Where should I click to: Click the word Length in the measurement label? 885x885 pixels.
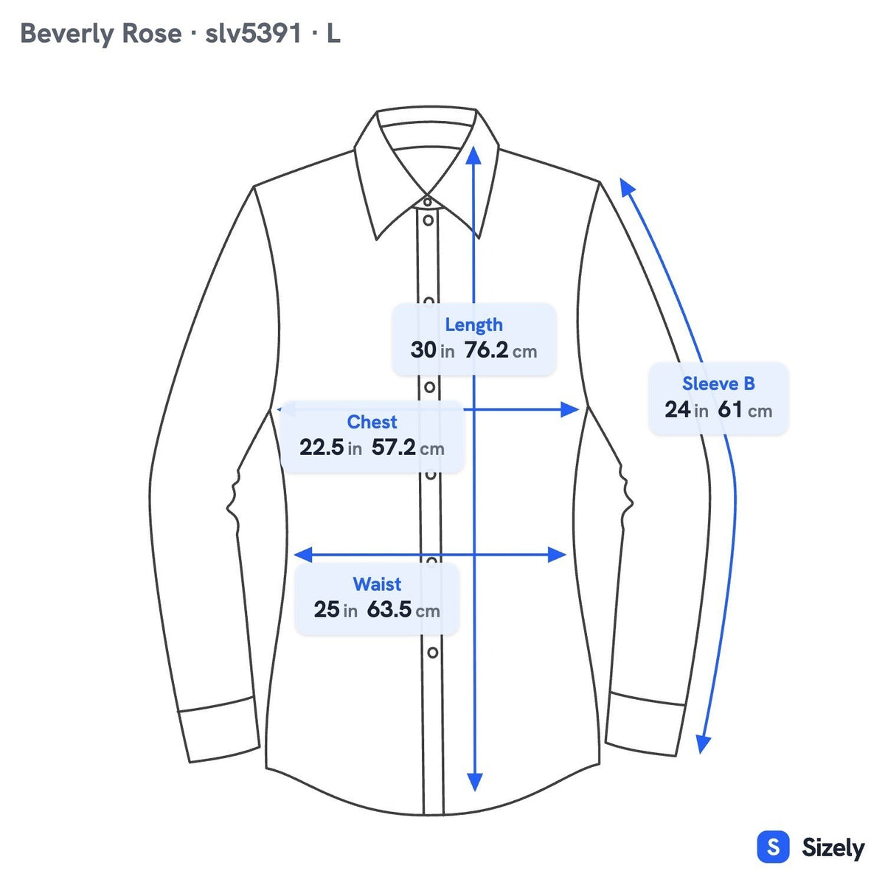[x=473, y=325]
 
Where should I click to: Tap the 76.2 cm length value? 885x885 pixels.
[x=501, y=350]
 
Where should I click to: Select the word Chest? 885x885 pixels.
[x=372, y=422]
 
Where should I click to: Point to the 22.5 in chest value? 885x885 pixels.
[x=330, y=448]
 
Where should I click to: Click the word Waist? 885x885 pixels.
[x=377, y=584]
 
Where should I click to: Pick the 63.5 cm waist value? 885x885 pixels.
[x=403, y=610]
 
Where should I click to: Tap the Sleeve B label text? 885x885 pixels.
[x=718, y=383]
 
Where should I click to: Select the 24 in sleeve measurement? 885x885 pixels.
[x=686, y=409]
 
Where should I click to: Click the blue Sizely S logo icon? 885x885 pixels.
[x=774, y=847]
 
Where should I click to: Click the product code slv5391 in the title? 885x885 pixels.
[x=253, y=33]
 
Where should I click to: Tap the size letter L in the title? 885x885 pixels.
[x=333, y=33]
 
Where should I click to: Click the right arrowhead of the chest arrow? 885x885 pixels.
[x=570, y=409]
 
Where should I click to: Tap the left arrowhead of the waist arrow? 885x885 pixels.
[x=303, y=555]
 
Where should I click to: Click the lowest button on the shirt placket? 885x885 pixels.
[x=433, y=652]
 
